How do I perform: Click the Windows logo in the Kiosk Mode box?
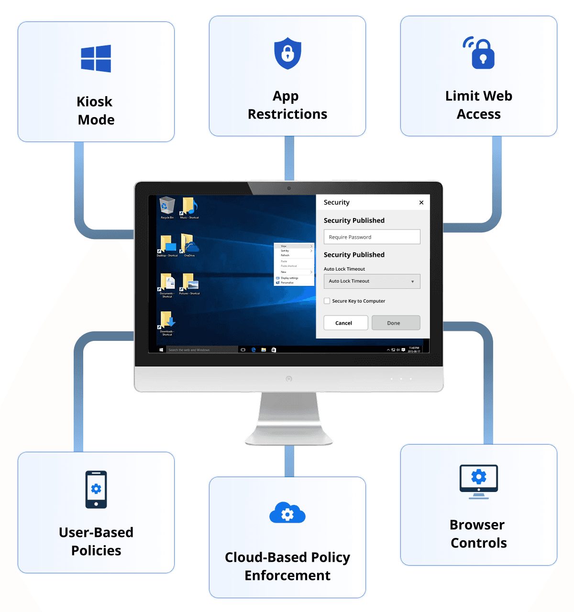click(x=96, y=58)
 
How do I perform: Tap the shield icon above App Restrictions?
click(x=287, y=53)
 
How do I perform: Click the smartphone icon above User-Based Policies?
click(x=96, y=489)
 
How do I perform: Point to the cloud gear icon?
click(x=287, y=514)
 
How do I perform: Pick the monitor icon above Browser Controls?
click(x=479, y=481)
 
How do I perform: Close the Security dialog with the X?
click(x=421, y=203)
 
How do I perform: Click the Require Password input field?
click(x=372, y=237)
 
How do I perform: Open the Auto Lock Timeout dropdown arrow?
click(x=412, y=282)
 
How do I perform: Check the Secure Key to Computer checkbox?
click(x=327, y=301)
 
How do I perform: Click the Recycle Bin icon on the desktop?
click(x=167, y=206)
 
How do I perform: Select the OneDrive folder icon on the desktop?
click(x=189, y=244)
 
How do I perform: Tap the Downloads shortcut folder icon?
click(x=167, y=320)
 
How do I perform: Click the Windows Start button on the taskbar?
click(x=162, y=350)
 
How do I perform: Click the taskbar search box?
click(x=201, y=350)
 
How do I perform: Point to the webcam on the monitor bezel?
click(x=289, y=188)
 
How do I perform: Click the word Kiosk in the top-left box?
click(x=95, y=102)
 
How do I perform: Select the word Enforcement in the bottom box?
click(x=287, y=575)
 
